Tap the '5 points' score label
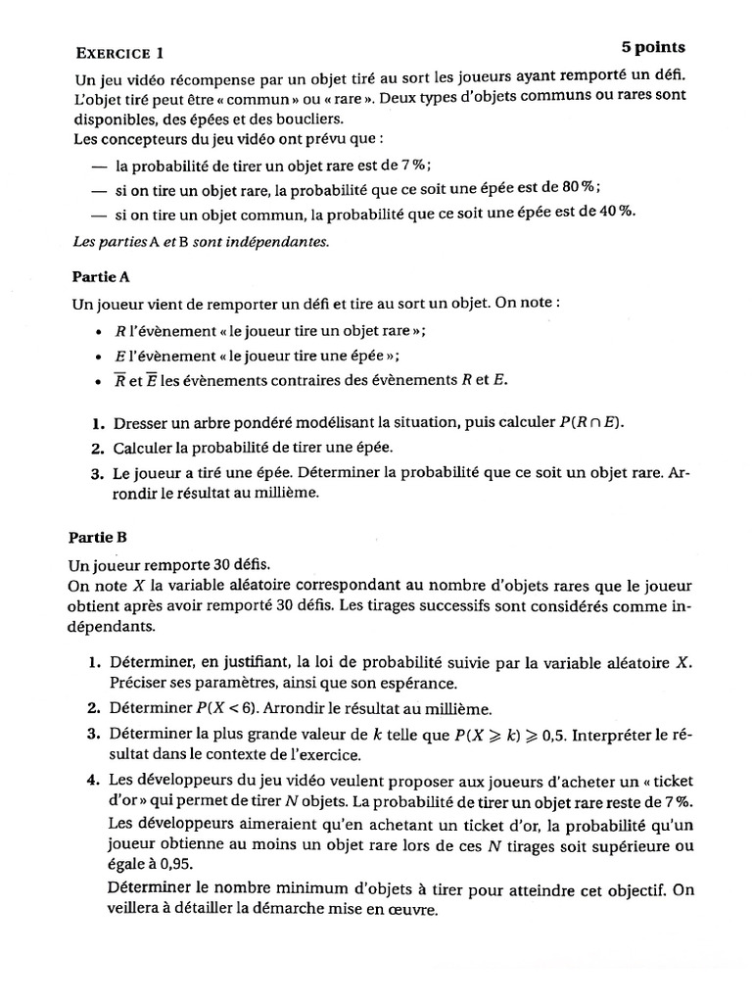tap(653, 47)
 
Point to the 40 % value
tap(616, 212)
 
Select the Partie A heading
tap(102, 277)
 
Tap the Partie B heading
tap(98, 537)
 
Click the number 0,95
tap(176, 865)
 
